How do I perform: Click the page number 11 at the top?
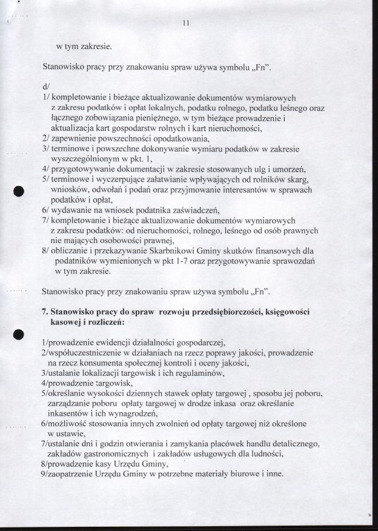tap(186, 24)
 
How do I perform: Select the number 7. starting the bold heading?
tap(44, 312)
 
